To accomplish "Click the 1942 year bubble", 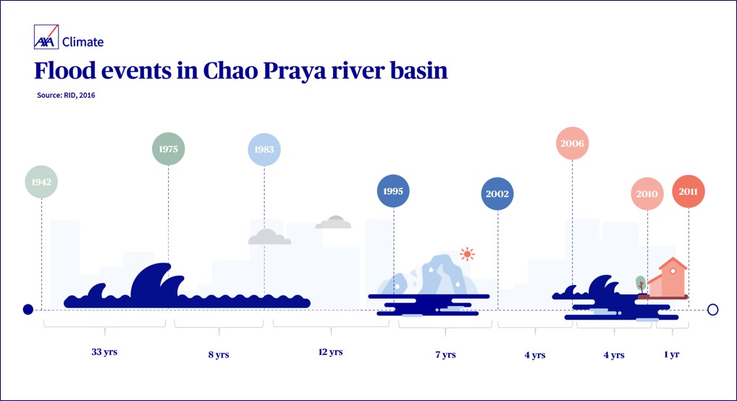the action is click(41, 182).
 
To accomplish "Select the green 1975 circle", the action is click(168, 149).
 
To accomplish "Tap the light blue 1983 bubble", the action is click(264, 149).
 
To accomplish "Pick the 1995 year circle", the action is click(393, 191).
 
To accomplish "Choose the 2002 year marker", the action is click(497, 194).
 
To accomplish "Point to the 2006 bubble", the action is click(572, 143).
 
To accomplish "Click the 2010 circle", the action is click(647, 194).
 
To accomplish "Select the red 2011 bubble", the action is click(688, 191).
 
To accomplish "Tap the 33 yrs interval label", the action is click(104, 352).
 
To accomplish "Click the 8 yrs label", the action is click(219, 355).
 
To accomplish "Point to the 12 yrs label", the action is click(330, 352).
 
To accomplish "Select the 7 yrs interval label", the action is click(445, 355).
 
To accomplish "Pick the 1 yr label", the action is click(672, 355).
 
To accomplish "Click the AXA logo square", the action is click(46, 37).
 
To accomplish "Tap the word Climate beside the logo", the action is click(83, 42).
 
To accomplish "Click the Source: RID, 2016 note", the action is click(66, 95).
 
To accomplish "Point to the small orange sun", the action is click(467, 254).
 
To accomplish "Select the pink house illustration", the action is click(667, 278).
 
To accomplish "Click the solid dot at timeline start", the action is click(28, 309).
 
